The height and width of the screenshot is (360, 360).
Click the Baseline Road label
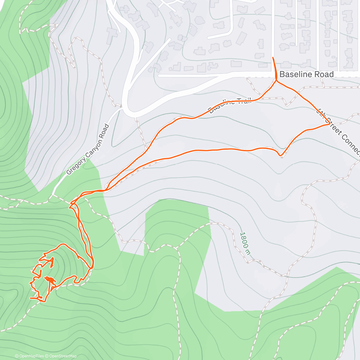click(x=306, y=74)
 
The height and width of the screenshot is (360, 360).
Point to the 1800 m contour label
click(x=245, y=243)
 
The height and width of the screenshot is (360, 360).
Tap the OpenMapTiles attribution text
click(x=31, y=356)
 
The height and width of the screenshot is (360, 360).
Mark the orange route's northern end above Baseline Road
click(x=273, y=57)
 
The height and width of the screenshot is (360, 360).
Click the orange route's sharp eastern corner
click(x=330, y=123)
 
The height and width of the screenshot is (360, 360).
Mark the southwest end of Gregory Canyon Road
click(x=52, y=194)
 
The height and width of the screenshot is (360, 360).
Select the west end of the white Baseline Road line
click(x=159, y=76)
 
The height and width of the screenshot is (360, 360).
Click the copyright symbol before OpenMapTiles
click(x=16, y=356)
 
